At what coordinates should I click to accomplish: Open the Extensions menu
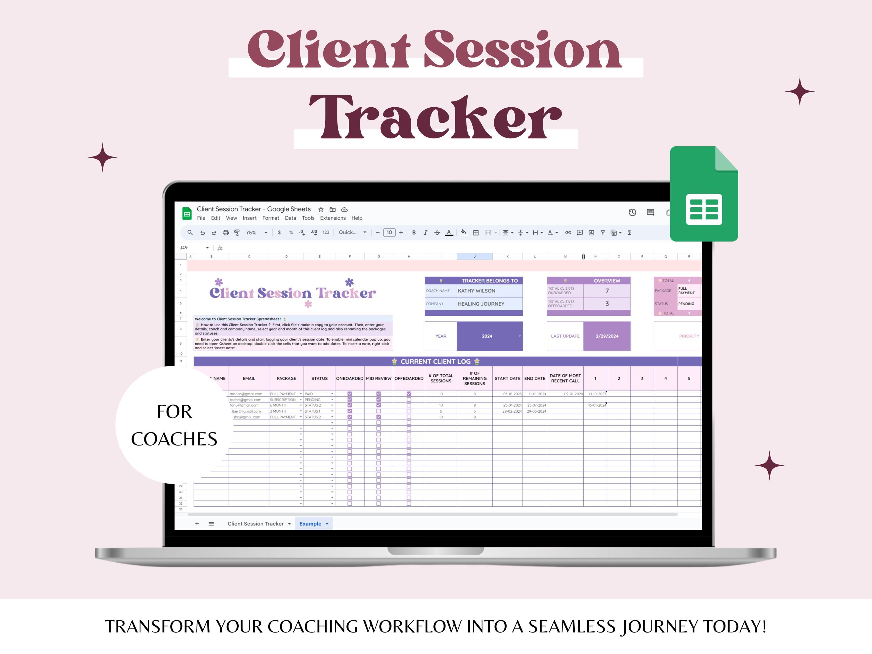[x=333, y=218]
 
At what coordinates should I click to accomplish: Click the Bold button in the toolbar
[x=414, y=233]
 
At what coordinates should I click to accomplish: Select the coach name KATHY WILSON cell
[x=489, y=291]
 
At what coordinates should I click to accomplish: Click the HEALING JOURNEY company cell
[x=489, y=304]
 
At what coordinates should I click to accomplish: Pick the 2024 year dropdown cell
[x=489, y=336]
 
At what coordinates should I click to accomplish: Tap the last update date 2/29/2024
[x=607, y=336]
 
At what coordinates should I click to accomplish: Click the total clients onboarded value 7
[x=607, y=291]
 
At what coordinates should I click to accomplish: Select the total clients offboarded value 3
[x=607, y=304]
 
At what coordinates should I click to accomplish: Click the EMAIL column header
[x=249, y=378]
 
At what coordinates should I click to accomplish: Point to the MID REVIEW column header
[x=378, y=378]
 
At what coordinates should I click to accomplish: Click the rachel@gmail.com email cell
[x=246, y=400]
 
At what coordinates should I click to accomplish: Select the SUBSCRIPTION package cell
[x=283, y=400]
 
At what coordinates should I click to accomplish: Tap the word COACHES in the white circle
[x=174, y=439]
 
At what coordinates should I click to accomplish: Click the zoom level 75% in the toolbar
[x=251, y=233]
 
